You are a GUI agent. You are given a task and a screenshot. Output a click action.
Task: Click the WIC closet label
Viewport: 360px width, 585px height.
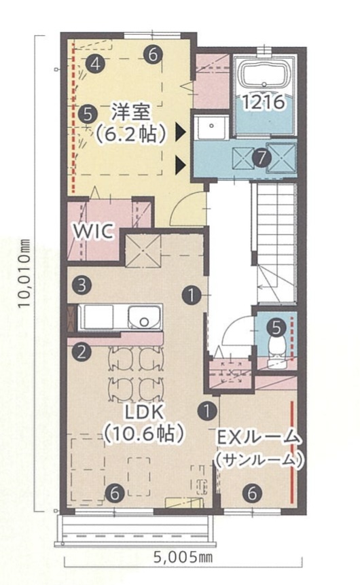click(x=92, y=231)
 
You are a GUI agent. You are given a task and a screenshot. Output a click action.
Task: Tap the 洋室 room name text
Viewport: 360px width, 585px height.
click(x=130, y=112)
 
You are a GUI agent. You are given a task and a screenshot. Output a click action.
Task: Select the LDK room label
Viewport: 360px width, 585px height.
click(x=144, y=412)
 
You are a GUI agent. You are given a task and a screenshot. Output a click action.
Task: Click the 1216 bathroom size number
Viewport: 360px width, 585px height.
click(x=264, y=101)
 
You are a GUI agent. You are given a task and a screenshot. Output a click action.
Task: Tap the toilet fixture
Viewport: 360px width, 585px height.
click(x=276, y=347)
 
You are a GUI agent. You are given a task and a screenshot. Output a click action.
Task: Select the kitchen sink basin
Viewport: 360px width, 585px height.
click(x=145, y=317)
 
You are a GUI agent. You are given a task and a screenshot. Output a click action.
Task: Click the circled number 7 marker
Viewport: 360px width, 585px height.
click(x=261, y=158)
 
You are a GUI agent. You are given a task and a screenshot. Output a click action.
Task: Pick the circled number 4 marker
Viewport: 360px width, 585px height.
click(x=95, y=64)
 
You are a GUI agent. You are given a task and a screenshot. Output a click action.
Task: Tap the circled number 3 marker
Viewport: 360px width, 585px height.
click(x=82, y=285)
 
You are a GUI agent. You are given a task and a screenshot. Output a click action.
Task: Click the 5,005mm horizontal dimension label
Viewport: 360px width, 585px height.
click(x=183, y=558)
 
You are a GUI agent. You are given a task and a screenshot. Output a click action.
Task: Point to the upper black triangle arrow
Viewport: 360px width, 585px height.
click(x=181, y=132)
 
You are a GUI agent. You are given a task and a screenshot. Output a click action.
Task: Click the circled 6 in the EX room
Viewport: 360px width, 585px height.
click(x=252, y=493)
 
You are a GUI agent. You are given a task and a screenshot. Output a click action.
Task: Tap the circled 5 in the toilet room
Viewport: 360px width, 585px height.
click(x=276, y=327)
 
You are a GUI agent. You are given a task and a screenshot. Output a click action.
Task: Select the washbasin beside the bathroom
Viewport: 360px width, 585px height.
click(x=211, y=126)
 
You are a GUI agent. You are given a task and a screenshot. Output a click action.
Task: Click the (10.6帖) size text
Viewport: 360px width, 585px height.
click(x=144, y=433)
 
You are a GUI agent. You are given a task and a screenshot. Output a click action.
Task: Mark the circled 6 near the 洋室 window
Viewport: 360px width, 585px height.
click(x=153, y=54)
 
